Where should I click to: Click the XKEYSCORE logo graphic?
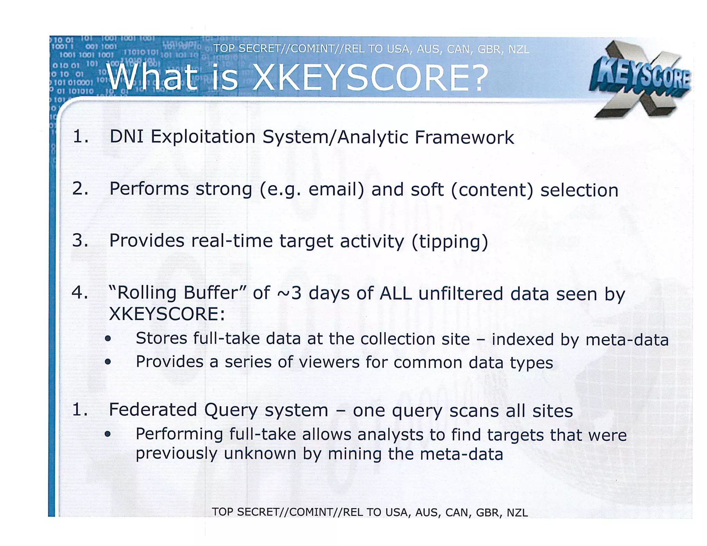click(x=640, y=79)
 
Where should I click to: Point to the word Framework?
click(x=464, y=137)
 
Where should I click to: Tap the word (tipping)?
click(x=450, y=242)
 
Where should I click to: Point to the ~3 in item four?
click(x=289, y=293)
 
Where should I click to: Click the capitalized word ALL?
click(x=396, y=294)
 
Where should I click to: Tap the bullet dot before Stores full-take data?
click(x=108, y=339)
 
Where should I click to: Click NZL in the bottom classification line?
click(x=517, y=513)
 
